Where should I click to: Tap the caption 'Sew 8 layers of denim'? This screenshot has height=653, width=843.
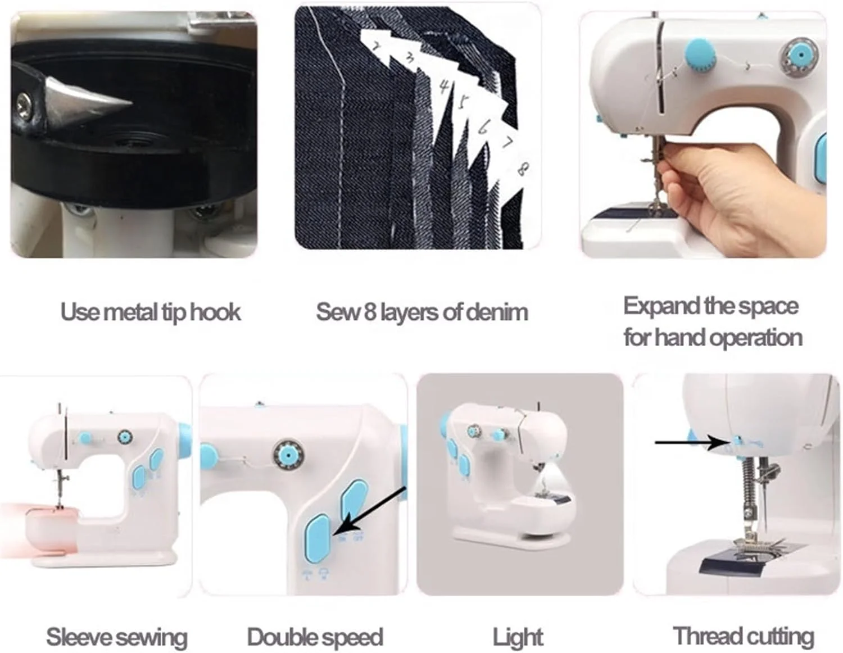(x=422, y=312)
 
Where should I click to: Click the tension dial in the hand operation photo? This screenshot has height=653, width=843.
(x=800, y=56)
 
